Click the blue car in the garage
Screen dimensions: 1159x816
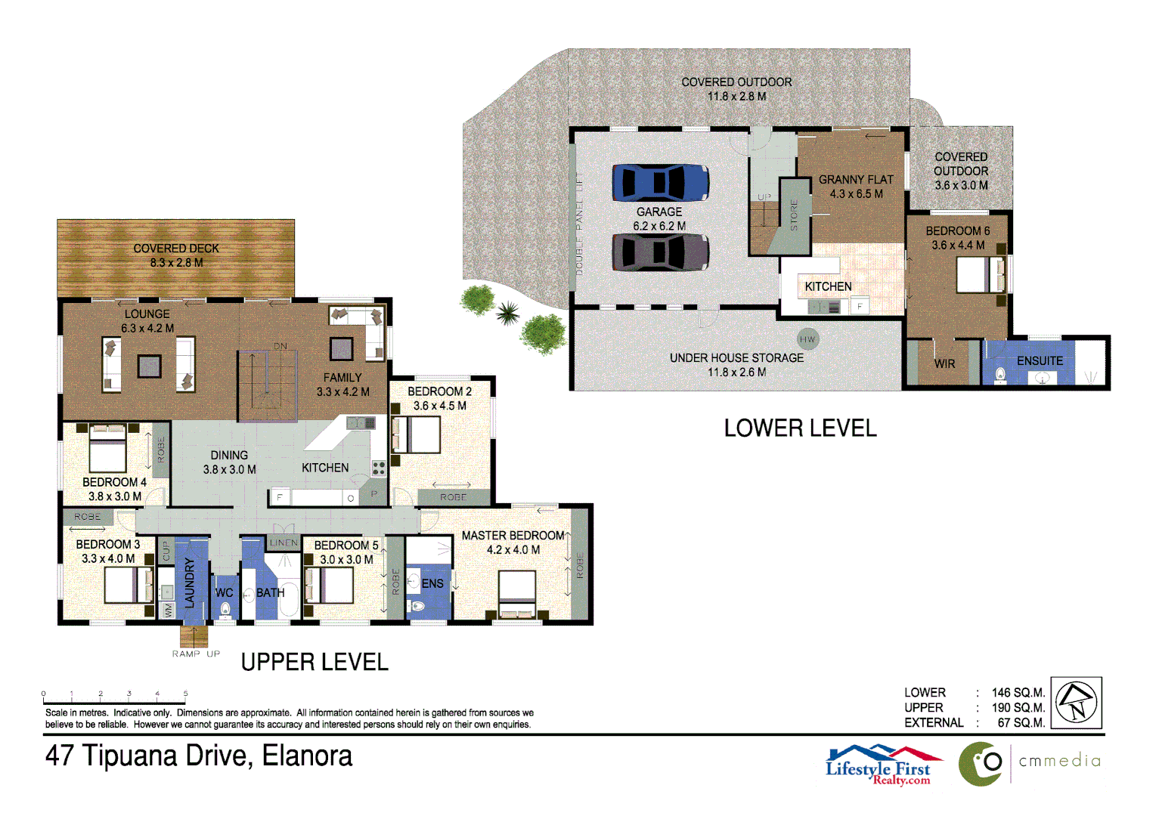tap(660, 182)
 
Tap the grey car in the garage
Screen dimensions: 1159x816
tap(660, 252)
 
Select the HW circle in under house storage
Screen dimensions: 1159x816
tap(807, 339)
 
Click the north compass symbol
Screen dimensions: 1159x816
tap(1077, 703)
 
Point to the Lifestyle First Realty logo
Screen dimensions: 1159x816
tap(884, 765)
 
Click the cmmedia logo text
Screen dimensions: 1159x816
tap(1059, 761)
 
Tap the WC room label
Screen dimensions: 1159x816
tap(224, 592)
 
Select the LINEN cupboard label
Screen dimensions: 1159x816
tap(284, 542)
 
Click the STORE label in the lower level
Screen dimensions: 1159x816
tap(794, 215)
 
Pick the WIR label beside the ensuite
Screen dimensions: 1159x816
tap(944, 363)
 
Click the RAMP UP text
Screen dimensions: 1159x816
tap(196, 654)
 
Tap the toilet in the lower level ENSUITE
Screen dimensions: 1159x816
tap(999, 375)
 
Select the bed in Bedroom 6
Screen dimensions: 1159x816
tap(981, 274)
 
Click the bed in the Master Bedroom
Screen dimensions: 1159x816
tap(516, 594)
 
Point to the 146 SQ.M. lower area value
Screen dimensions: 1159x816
tap(1018, 692)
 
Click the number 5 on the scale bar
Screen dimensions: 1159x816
tap(185, 694)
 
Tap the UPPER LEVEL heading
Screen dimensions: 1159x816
tap(315, 662)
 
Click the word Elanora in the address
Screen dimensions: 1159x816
tap(307, 756)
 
